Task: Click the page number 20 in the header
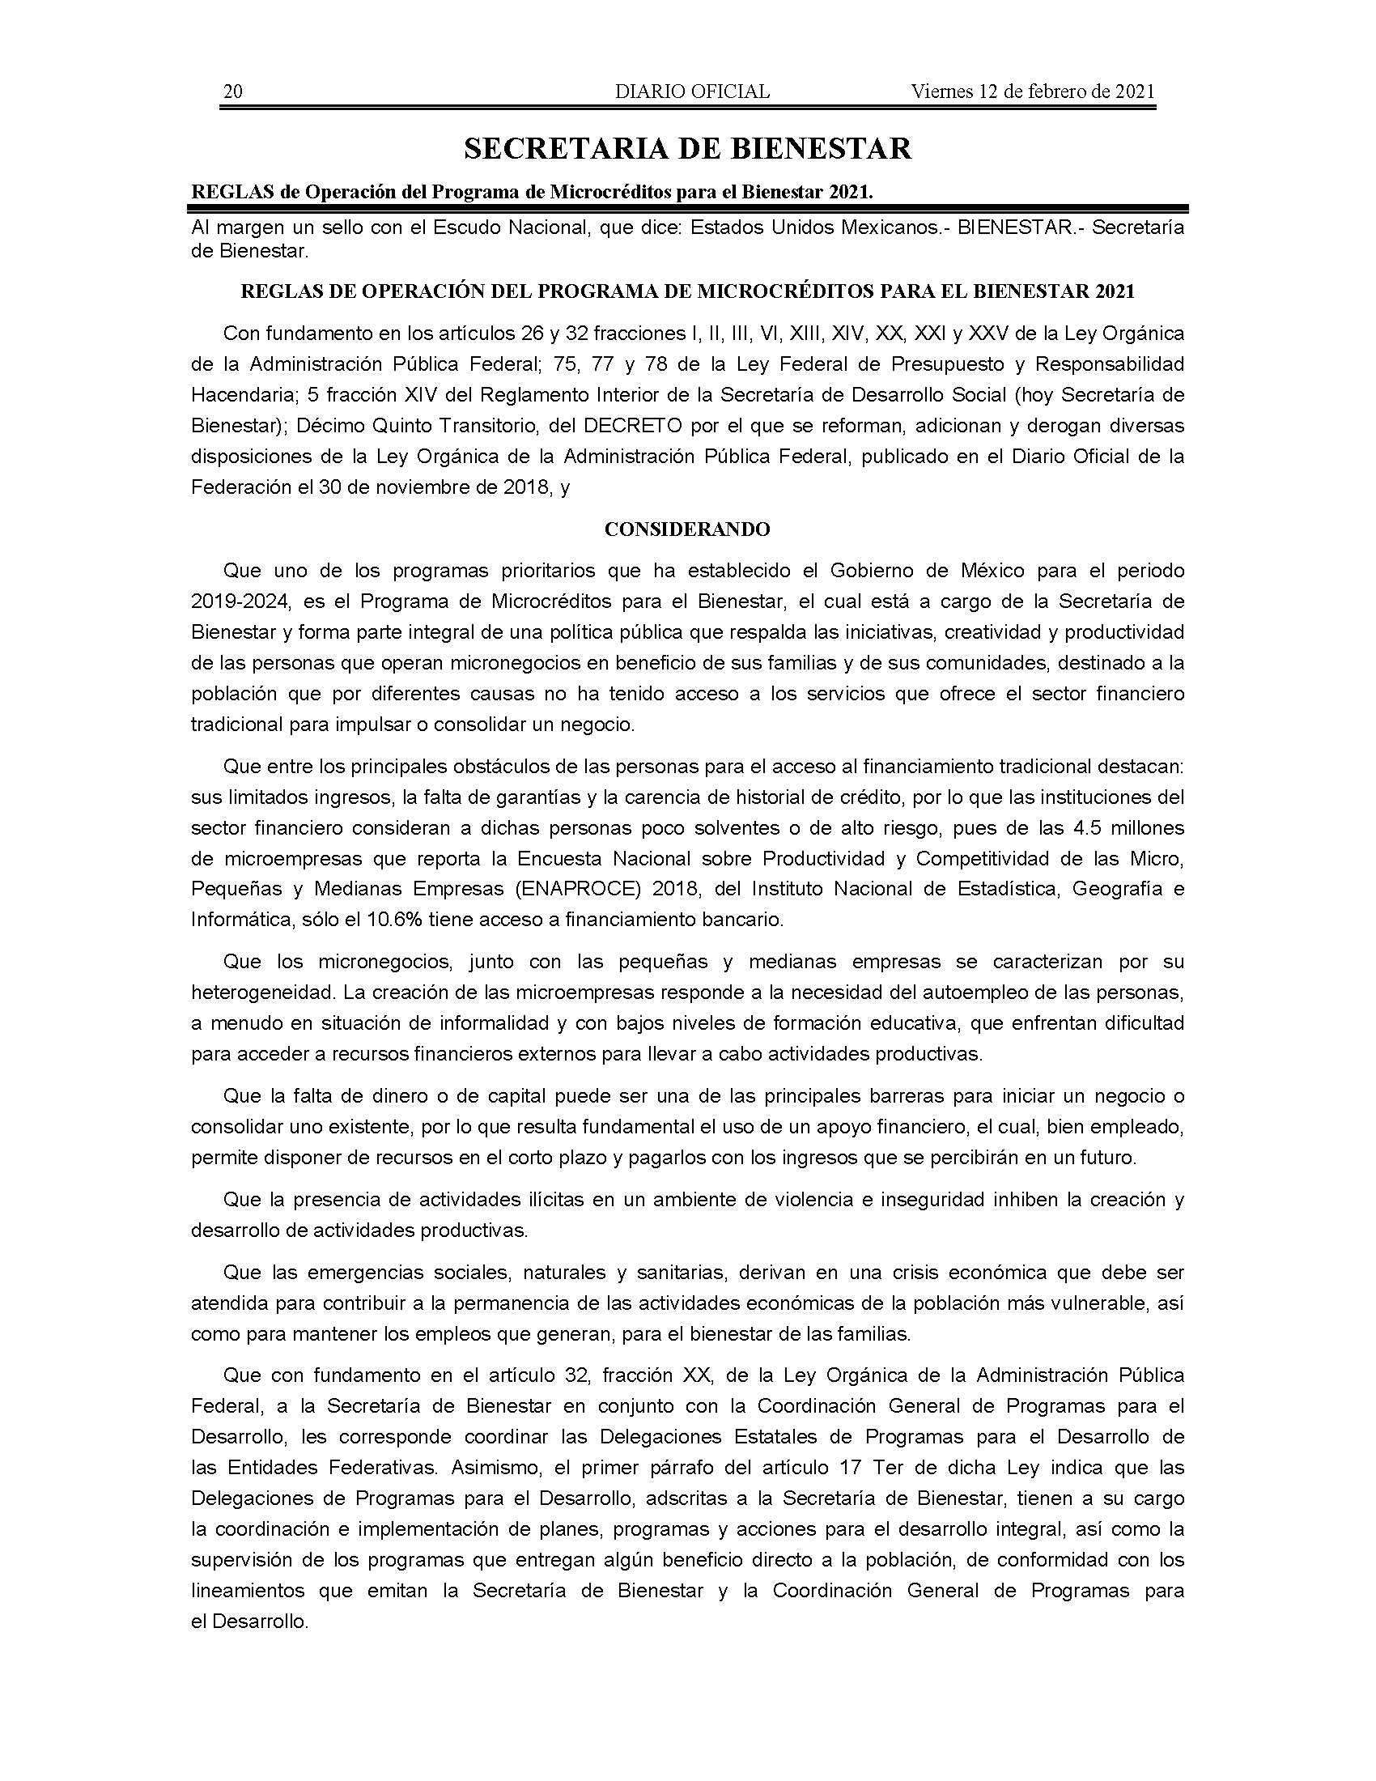pyautogui.click(x=232, y=91)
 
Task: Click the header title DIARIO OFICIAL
pyautogui.click(x=692, y=91)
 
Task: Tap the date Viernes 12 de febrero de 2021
pyautogui.click(x=1032, y=91)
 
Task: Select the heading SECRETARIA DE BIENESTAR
pyautogui.click(x=687, y=148)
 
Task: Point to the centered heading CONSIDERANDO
pyautogui.click(x=687, y=529)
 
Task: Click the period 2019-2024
pyautogui.click(x=240, y=601)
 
